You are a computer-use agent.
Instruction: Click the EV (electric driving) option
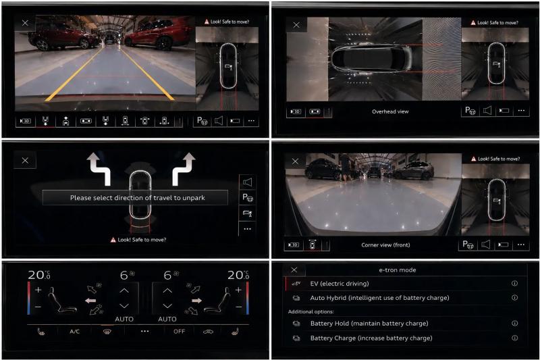(x=340, y=284)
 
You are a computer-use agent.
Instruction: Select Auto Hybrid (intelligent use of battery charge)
(x=379, y=298)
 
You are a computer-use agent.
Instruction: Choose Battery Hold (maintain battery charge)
(x=369, y=324)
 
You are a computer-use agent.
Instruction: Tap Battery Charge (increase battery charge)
(x=371, y=338)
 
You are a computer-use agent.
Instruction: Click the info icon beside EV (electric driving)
(x=514, y=283)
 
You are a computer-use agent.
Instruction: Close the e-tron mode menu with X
(x=294, y=269)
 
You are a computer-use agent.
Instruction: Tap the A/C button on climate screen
(x=75, y=332)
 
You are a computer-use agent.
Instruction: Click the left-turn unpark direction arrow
(x=99, y=169)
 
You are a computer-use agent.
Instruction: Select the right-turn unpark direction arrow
(x=184, y=169)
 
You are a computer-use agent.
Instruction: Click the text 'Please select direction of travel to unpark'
(x=138, y=198)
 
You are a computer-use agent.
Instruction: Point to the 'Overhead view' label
(x=390, y=111)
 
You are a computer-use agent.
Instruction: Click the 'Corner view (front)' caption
(x=385, y=245)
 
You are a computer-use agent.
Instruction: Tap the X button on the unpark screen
(x=25, y=161)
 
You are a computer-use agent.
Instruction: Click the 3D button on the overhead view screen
(x=296, y=111)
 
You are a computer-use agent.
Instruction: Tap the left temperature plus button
(x=38, y=290)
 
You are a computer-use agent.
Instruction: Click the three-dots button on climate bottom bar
(x=145, y=332)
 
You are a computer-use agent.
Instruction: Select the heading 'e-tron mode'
(x=398, y=270)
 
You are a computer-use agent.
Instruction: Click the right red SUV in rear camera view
(x=157, y=34)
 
